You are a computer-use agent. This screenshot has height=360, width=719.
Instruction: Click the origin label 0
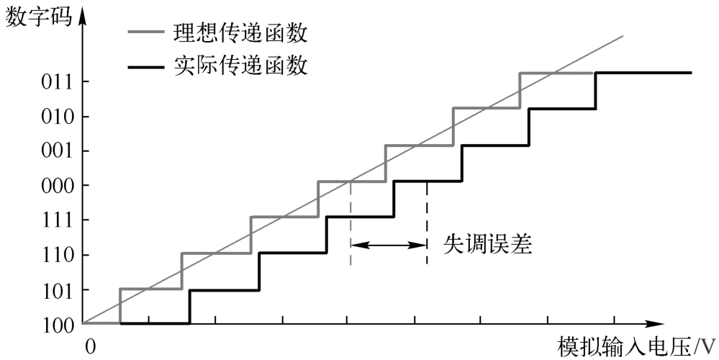91,347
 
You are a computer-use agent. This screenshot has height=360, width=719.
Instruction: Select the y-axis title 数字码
39,17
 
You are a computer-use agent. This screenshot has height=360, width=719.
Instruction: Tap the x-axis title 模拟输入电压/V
636,347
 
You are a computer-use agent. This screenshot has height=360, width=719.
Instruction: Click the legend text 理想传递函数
240,33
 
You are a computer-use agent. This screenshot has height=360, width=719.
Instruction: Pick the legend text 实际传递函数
240,66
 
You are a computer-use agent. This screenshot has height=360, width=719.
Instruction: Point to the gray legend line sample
145,32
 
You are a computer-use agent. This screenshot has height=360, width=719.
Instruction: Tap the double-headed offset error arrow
389,246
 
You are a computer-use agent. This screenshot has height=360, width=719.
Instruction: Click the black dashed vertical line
427,223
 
